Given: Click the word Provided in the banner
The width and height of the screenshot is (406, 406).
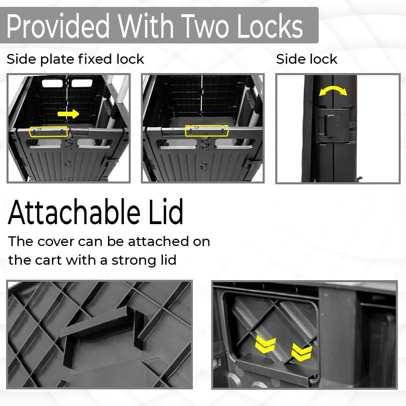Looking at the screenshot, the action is pos(58,26).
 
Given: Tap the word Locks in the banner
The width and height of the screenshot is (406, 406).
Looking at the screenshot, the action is pos(270,26).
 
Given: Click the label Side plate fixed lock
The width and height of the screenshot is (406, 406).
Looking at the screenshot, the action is pos(75,59).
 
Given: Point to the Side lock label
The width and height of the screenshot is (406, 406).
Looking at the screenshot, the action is pos(307,59).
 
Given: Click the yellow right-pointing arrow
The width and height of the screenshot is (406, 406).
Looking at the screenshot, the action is pos(68,114).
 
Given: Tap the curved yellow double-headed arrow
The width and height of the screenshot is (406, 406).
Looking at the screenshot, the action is pos(333,91).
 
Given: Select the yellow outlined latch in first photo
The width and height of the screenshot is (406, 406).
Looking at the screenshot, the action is pos(49,132).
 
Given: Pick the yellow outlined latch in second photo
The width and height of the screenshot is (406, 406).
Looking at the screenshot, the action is pos(207,131).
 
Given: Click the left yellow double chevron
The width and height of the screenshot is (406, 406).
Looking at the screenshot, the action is pos(266,345).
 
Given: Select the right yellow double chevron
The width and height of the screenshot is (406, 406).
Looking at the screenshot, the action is pos(302,352).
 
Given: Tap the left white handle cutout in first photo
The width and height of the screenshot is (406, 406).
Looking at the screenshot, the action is pos(52,83).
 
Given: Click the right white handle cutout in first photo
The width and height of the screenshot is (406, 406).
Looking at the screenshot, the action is pos(82,83).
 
